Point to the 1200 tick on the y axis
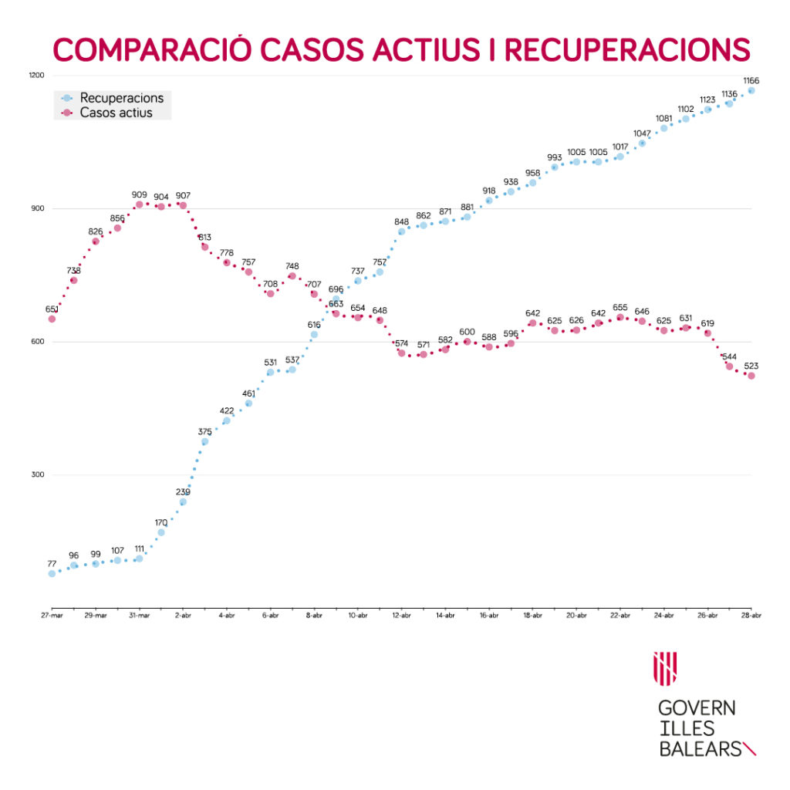pos(38,76)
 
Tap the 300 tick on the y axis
pos(38,475)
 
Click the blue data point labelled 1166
pos(751,90)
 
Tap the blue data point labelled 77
pos(52,573)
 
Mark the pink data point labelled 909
pos(139,204)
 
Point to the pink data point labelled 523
pos(751,376)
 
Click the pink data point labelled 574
pos(401,353)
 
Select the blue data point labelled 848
pos(401,231)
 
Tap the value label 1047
pos(642,133)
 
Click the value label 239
pos(183,491)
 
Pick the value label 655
pos(620,307)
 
